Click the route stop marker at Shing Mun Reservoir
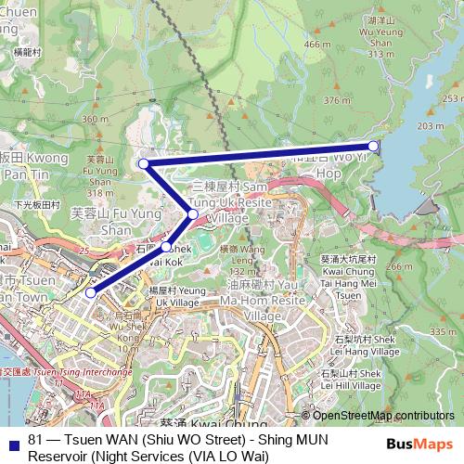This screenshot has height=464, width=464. [x=373, y=146]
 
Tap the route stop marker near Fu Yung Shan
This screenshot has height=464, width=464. [x=144, y=164]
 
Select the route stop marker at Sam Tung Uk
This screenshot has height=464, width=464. [x=192, y=215]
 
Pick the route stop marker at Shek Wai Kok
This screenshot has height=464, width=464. [x=166, y=247]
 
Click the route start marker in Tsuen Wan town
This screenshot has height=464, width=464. [x=90, y=292]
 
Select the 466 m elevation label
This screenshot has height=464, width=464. [x=316, y=45]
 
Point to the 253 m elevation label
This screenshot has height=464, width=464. [x=453, y=98]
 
